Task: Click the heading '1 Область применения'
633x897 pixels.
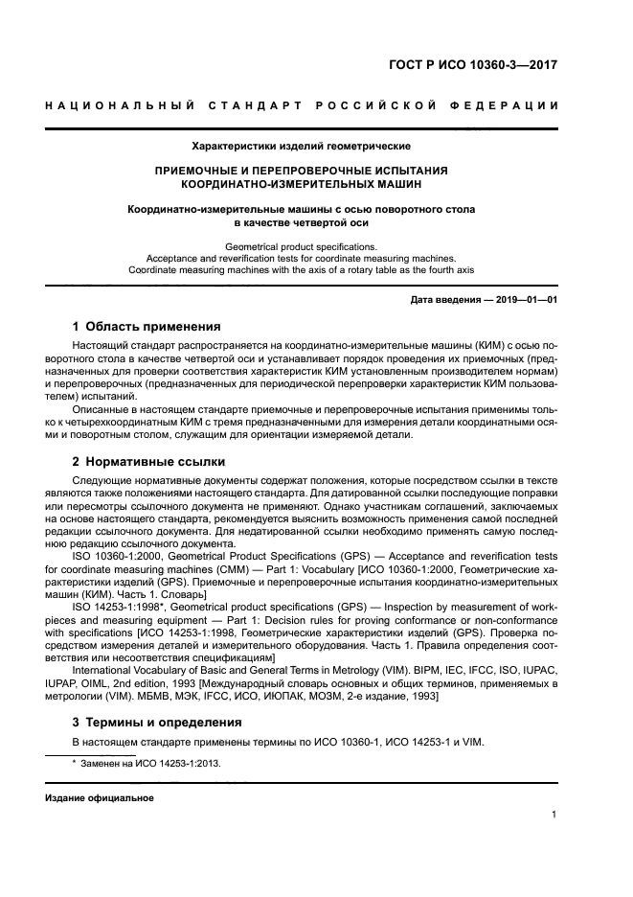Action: tap(147, 327)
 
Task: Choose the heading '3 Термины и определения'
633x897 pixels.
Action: tap(158, 722)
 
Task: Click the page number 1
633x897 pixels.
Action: tap(555, 815)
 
